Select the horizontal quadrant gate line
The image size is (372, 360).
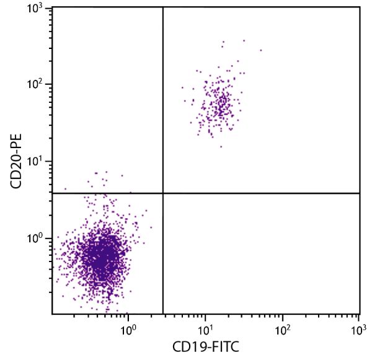click(x=260, y=193)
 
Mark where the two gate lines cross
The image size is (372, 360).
click(x=162, y=193)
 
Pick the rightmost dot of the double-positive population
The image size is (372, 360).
click(x=261, y=50)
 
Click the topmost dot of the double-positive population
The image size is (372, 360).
click(x=244, y=40)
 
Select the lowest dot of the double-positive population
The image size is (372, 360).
click(x=221, y=147)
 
